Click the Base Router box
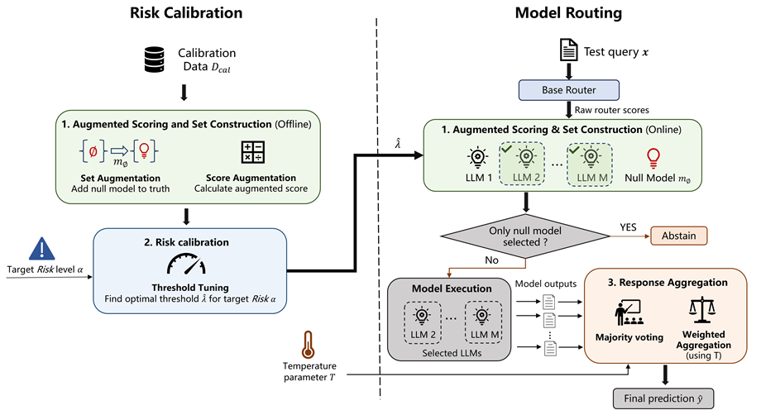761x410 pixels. coord(569,90)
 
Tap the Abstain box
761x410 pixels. coord(678,236)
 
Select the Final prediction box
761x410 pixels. coord(663,398)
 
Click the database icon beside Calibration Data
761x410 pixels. coord(155,60)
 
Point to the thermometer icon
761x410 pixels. coord(308,345)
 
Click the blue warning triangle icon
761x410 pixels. coord(41,249)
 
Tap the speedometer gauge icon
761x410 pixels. coord(186,265)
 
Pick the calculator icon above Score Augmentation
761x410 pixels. coord(253,152)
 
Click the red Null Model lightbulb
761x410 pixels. coord(653,159)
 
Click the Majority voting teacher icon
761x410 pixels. coord(629,312)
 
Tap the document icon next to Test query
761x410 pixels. coord(569,50)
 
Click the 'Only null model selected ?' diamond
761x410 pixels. coord(525,236)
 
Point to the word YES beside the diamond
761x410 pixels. coord(628,227)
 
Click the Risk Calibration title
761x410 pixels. coord(186,12)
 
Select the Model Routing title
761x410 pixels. coord(568,12)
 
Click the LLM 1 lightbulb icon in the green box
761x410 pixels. coord(477,158)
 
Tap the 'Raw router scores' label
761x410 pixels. coord(611,110)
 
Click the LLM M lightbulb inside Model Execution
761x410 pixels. coord(482,316)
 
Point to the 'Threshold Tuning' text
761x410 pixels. coord(190,288)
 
